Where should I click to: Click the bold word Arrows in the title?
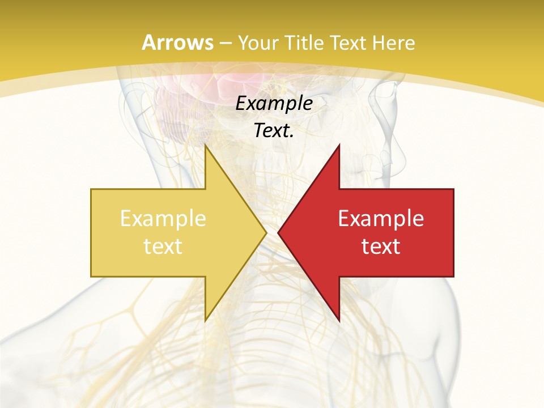pos(177,42)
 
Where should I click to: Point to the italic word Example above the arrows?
pos(274,104)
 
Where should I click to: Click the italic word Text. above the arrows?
pos(274,131)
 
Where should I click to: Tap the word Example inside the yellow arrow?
pos(163,219)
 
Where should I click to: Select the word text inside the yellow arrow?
pos(163,246)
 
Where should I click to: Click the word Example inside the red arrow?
pos(381,219)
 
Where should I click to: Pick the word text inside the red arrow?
pos(381,246)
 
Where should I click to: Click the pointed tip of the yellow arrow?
pos(266,232)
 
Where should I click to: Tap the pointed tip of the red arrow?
pos(278,232)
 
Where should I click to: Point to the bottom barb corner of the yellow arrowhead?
pos(205,321)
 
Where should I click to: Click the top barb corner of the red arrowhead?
pos(339,145)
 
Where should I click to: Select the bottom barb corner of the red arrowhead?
pos(339,321)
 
